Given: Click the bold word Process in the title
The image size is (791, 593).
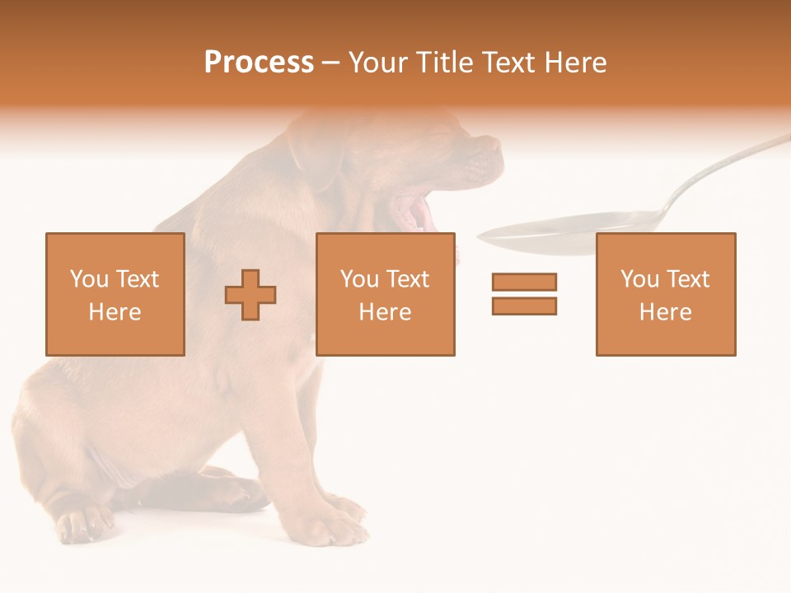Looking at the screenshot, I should pyautogui.click(x=259, y=63).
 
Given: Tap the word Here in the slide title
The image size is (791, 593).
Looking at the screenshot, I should pyautogui.click(x=574, y=63).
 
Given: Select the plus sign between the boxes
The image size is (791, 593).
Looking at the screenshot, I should pyautogui.click(x=250, y=295).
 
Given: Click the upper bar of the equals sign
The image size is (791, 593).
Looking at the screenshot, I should pyautogui.click(x=524, y=282).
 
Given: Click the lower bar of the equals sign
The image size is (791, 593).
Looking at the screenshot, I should pyautogui.click(x=524, y=306).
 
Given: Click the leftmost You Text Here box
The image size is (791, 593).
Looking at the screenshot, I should pyautogui.click(x=115, y=294).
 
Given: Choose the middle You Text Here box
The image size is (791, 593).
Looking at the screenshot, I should pyautogui.click(x=385, y=294).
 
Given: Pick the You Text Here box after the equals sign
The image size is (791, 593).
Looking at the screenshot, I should pyautogui.click(x=665, y=294).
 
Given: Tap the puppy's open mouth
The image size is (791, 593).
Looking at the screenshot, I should pyautogui.click(x=412, y=210).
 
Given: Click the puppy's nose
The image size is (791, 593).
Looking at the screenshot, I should pyautogui.click(x=492, y=146).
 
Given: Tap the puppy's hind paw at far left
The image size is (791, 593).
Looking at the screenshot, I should pyautogui.click(x=82, y=523).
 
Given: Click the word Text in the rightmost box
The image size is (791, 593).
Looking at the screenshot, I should pyautogui.click(x=688, y=279).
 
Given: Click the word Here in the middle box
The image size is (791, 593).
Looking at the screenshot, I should pyautogui.click(x=385, y=312).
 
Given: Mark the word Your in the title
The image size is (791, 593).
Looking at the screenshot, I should pyautogui.click(x=377, y=63).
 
